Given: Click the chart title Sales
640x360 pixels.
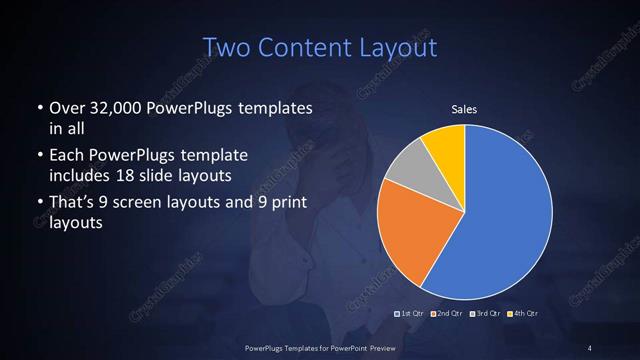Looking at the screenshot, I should (465, 108).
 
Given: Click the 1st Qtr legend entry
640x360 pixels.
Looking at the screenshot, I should (411, 314).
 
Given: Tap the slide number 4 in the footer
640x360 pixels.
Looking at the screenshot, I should (589, 347).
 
